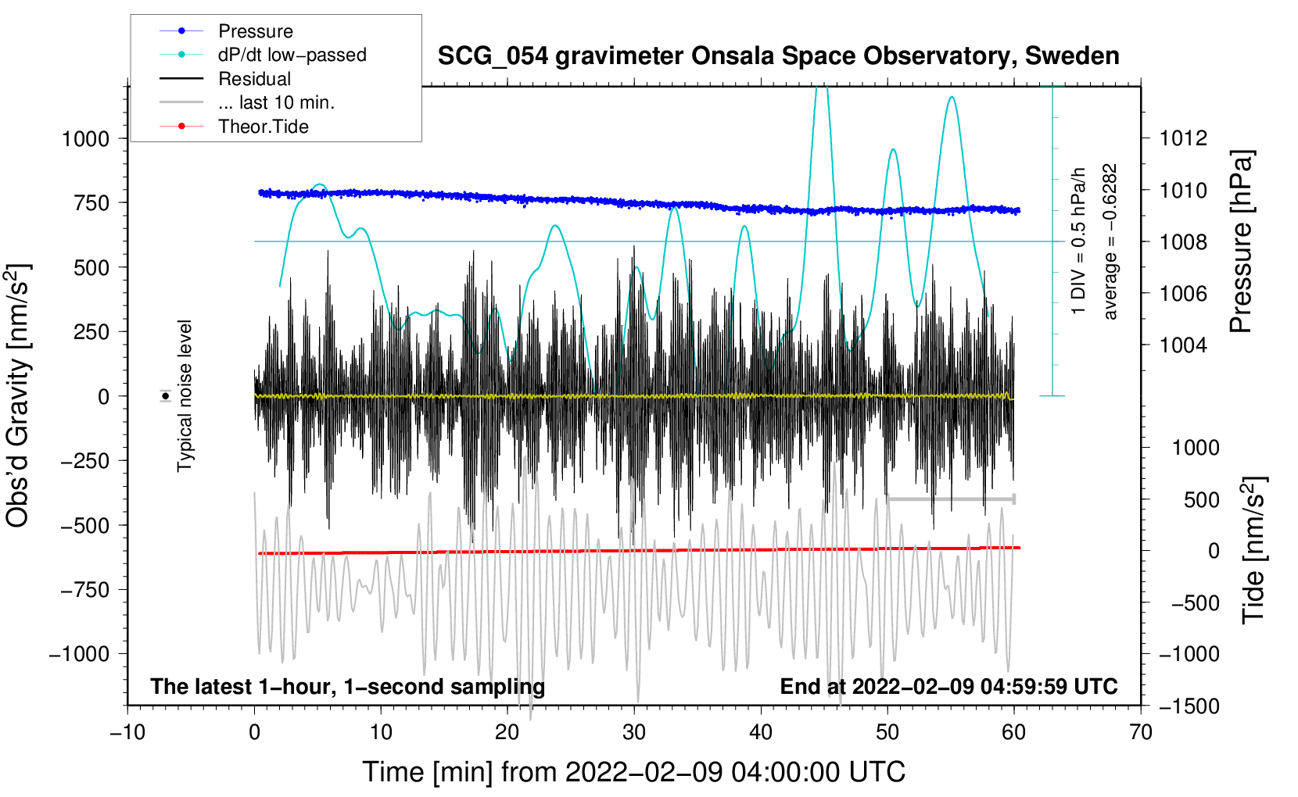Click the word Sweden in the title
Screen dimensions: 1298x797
[x=1072, y=55]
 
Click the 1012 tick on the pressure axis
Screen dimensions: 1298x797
[x=1183, y=138]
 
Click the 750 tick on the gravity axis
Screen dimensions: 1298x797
[x=91, y=203]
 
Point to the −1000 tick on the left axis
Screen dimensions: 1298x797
[x=80, y=654]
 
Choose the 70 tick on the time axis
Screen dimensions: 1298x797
[x=1140, y=732]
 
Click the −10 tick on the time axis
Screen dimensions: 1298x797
[x=127, y=732]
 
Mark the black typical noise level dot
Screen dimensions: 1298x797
[x=166, y=396]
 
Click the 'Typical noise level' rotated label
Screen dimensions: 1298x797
[x=185, y=396]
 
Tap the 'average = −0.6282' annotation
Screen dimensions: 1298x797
[x=1110, y=241]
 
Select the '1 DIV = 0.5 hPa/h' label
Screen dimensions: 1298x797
[x=1077, y=241]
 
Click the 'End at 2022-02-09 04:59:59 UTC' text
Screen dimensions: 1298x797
[x=948, y=686]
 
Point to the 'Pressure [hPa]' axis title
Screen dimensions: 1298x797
[x=1241, y=241]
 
